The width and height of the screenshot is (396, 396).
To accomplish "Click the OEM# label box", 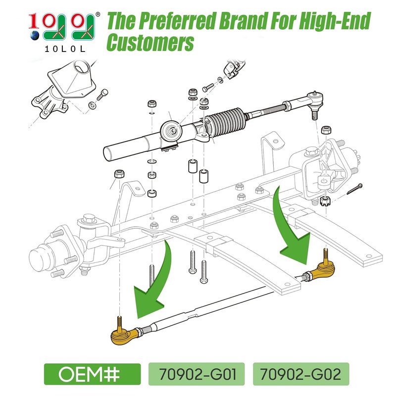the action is (x=92, y=374).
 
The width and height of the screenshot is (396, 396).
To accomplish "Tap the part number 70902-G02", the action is (x=300, y=374).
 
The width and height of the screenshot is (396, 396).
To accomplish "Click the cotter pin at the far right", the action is (x=354, y=189).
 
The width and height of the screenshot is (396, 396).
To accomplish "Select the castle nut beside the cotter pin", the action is (x=325, y=201).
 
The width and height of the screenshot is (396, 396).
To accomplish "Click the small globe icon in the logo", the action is (x=35, y=36).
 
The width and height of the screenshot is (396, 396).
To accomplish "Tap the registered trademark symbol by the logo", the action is (x=98, y=14).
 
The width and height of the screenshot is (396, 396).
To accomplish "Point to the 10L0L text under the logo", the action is (x=65, y=49).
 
